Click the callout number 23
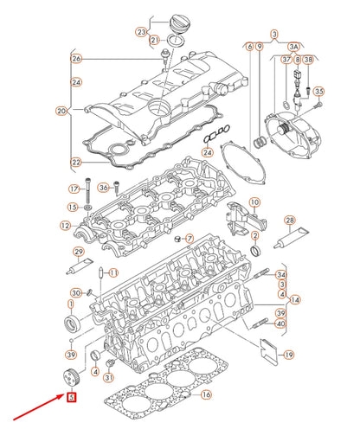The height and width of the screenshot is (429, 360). tap(141, 31)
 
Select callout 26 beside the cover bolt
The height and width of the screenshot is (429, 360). tap(76, 59)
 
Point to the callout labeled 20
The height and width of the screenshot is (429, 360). tap(61, 111)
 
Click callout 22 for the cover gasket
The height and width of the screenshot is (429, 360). tap(76, 162)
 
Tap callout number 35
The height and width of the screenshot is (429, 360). tap(318, 91)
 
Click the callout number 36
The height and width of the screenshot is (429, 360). tap(103, 188)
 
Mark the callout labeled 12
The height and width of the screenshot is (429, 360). tap(65, 226)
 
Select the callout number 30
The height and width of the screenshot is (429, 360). tap(76, 294)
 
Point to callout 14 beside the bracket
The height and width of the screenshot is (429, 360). tap(295, 299)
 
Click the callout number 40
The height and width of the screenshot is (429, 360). tap(280, 324)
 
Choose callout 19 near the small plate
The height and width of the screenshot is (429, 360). tap(288, 355)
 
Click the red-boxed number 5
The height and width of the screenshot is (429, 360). tap(71, 398)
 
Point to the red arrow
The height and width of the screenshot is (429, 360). tap(35, 406)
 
